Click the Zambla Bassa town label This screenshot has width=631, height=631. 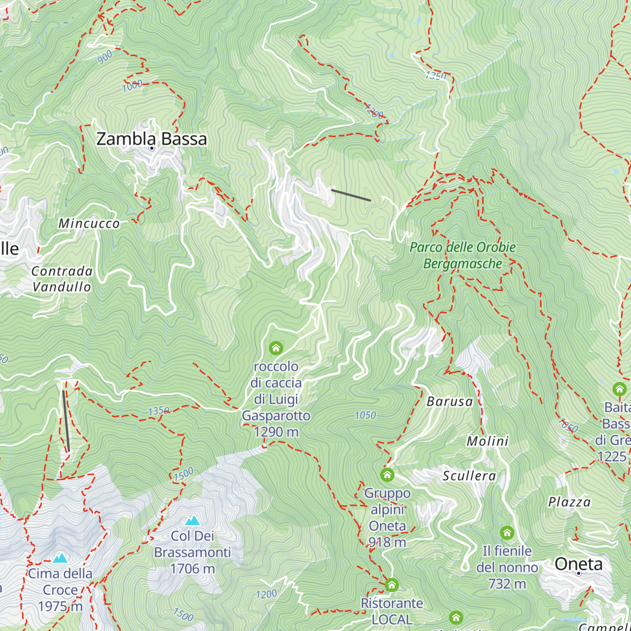[x=151, y=139]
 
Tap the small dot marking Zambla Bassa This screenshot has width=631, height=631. [x=152, y=148]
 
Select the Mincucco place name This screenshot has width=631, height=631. [x=89, y=223]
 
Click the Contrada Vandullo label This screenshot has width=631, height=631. [x=62, y=279]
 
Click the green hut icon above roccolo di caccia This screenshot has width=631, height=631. [x=276, y=348]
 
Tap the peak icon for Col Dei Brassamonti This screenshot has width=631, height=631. [x=192, y=521]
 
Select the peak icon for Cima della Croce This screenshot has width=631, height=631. [x=60, y=558]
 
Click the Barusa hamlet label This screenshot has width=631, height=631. [x=450, y=402]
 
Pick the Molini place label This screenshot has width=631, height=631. [x=487, y=441]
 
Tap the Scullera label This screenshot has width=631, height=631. [x=469, y=476]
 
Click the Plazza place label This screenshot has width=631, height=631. [x=569, y=502]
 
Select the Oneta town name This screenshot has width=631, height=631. [x=578, y=564]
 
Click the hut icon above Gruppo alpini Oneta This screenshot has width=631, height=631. [x=388, y=475]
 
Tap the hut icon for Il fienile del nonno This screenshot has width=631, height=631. [x=507, y=533]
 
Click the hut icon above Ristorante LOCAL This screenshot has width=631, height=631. [x=392, y=585]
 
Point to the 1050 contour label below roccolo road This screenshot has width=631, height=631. [x=365, y=415]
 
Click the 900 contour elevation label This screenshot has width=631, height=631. [x=105, y=57]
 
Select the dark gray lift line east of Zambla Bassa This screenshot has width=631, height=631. [x=351, y=195]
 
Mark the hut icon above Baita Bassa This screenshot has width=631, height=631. [x=619, y=389]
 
